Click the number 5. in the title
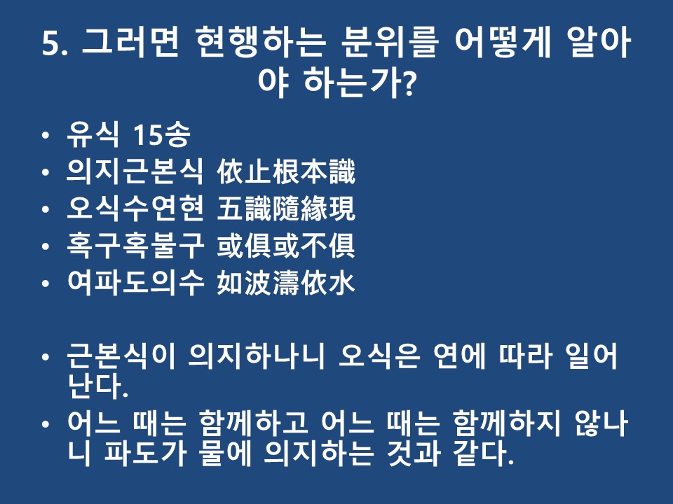click(55, 43)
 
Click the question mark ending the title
click(409, 83)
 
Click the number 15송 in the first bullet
click(161, 134)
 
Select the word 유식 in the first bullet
click(93, 134)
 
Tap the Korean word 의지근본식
click(135, 172)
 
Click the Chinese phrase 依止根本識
click(286, 172)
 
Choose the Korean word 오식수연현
click(135, 209)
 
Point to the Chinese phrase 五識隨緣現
click(286, 209)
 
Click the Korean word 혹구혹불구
click(135, 246)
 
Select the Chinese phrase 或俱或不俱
click(286, 246)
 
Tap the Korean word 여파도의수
click(135, 283)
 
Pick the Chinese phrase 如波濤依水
click(286, 283)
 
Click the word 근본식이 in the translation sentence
click(121, 356)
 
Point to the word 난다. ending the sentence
click(98, 386)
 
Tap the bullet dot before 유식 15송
click(46, 135)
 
